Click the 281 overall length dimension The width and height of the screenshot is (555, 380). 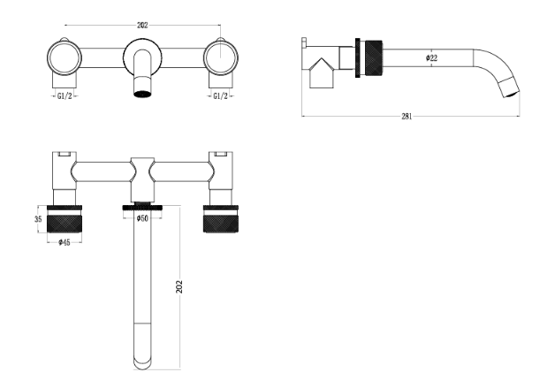[407, 116]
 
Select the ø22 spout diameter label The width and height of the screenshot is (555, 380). [431, 57]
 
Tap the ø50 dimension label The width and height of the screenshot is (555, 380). [142, 218]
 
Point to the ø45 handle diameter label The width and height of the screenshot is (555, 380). [65, 242]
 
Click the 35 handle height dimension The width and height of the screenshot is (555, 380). [38, 219]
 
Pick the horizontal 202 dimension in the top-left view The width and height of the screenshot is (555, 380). [142, 25]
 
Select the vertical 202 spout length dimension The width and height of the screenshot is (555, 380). [179, 286]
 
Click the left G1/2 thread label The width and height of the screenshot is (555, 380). [65, 95]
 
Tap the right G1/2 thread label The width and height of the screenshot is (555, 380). [220, 95]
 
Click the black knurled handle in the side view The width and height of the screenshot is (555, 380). [373, 58]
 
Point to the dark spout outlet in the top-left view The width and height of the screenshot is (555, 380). [142, 94]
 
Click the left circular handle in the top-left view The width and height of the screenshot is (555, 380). [65, 57]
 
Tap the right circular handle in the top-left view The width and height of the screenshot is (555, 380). [221, 57]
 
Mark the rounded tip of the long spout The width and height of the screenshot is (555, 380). [142, 365]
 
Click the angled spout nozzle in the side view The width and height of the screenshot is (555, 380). [509, 87]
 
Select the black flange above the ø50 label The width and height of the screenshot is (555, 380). [142, 207]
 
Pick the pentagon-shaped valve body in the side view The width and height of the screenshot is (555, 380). [322, 72]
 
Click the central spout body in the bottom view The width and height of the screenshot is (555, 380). [142, 179]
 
